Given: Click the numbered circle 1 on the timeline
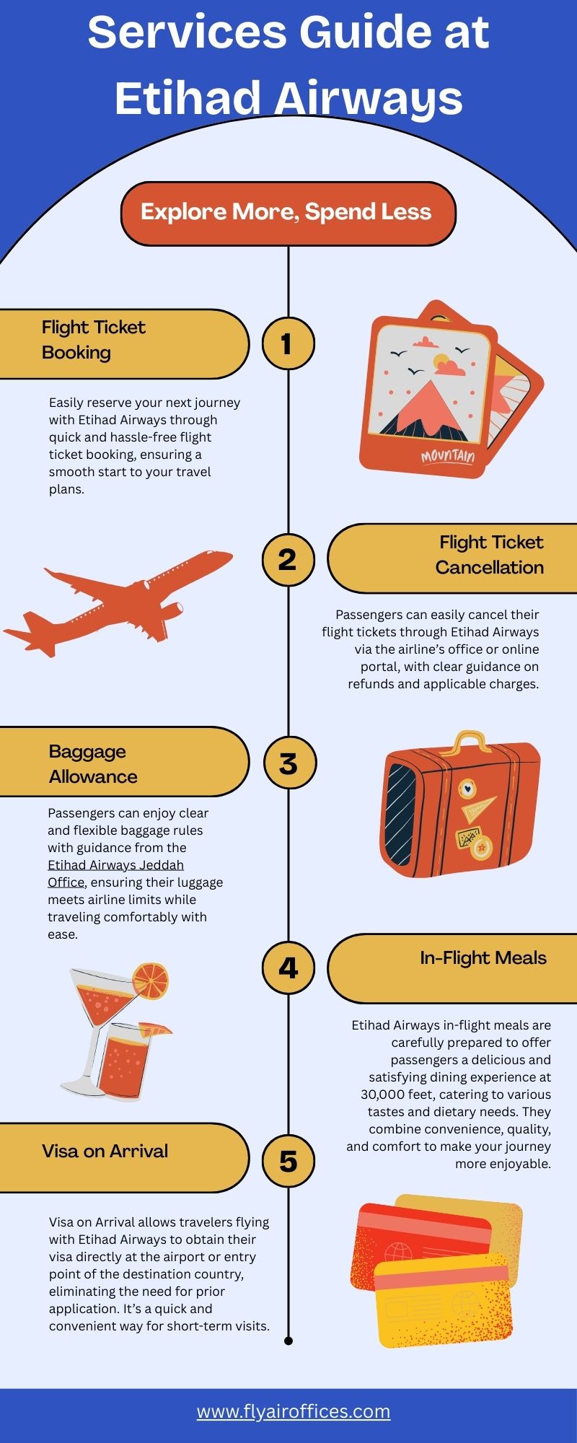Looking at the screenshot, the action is tap(288, 343).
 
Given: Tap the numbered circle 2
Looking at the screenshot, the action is tap(288, 559).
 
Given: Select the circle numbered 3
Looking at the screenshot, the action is tap(288, 763).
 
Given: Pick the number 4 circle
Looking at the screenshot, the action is tap(288, 968).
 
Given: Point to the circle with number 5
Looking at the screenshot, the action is tap(288, 1161).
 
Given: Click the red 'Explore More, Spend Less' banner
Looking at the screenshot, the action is tap(288, 213).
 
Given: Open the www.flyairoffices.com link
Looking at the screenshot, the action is tap(294, 1411).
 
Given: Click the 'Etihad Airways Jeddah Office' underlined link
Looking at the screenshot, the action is tap(115, 873).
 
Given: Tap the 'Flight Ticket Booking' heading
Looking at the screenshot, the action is tap(94, 340).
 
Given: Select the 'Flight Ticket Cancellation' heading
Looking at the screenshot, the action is tap(490, 555).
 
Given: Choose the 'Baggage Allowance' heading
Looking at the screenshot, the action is tap(93, 764).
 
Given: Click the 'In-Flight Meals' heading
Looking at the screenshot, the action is tap(483, 958).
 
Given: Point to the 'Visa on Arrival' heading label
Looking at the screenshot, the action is tap(105, 1151).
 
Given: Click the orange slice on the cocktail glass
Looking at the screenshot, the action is tap(151, 981).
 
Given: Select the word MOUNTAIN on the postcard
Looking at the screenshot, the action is tap(448, 456).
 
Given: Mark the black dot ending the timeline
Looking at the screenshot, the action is tap(288, 1341).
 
